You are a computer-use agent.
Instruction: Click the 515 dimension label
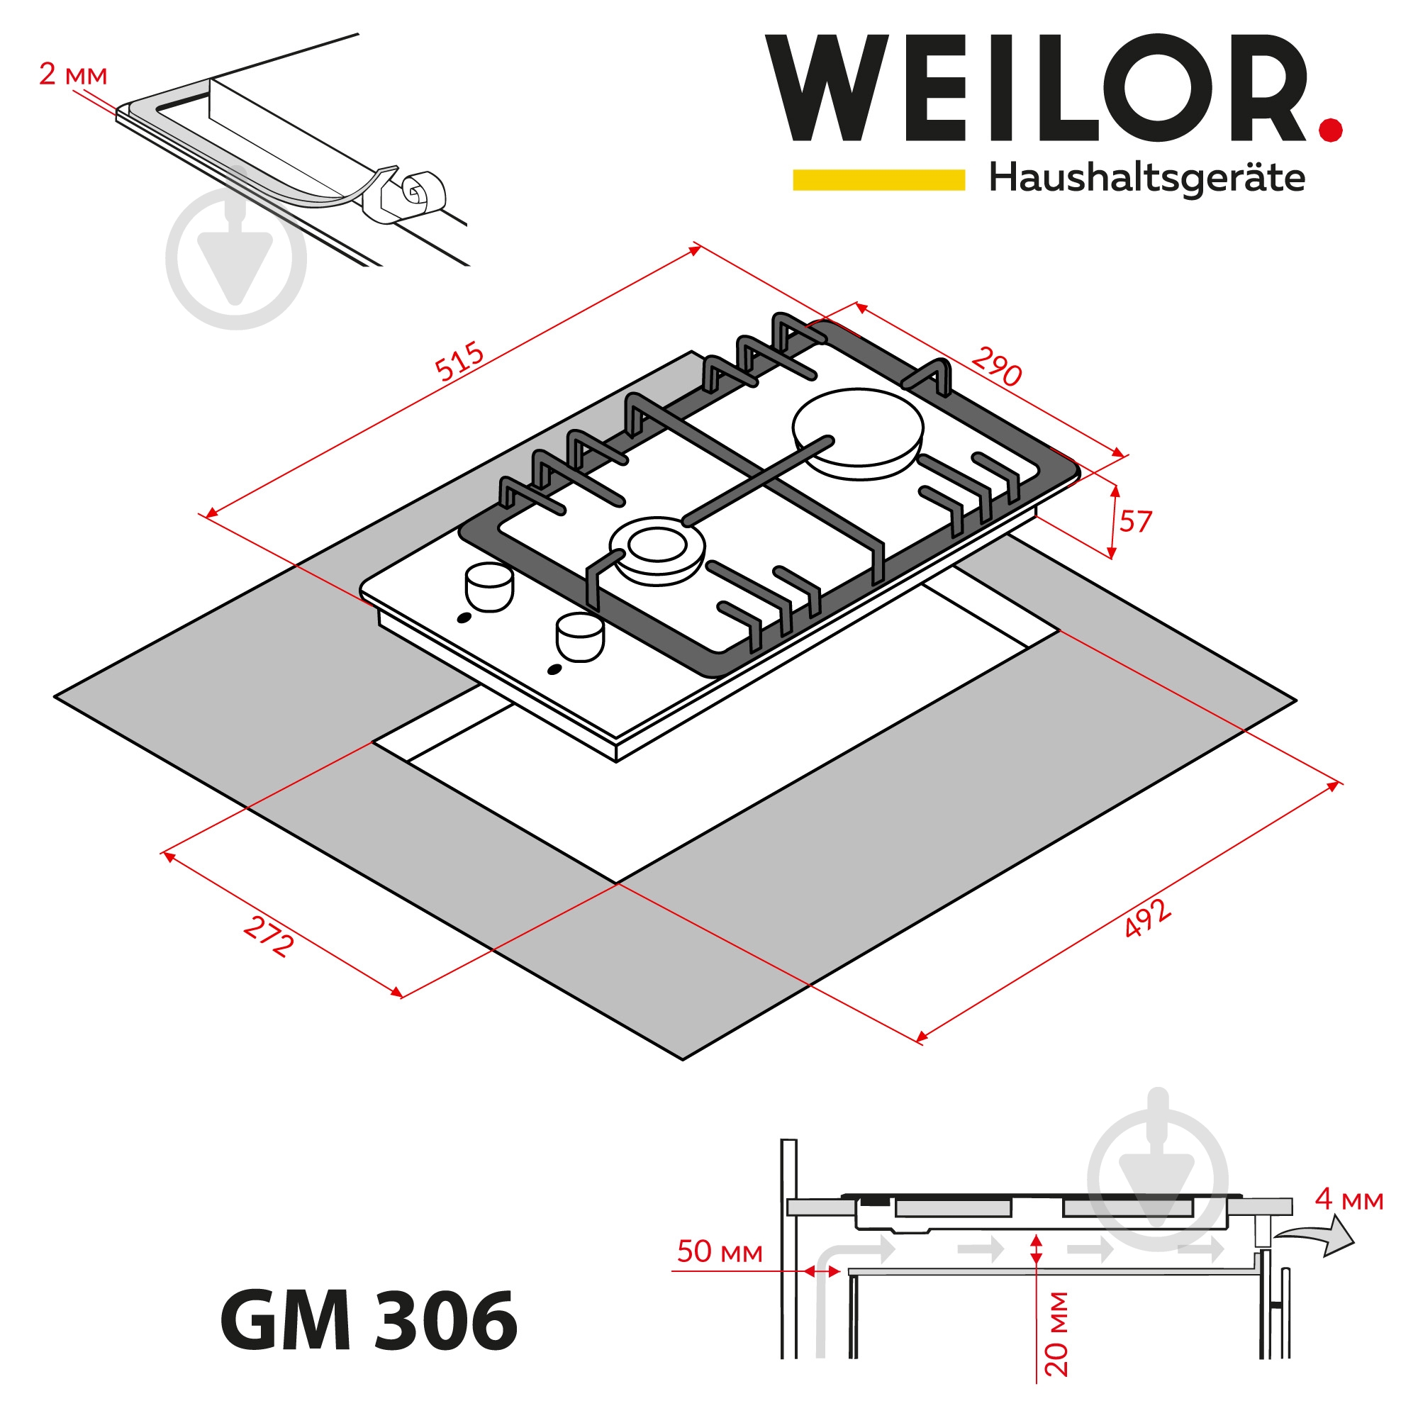click(x=459, y=361)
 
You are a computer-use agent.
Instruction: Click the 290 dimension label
click(x=997, y=367)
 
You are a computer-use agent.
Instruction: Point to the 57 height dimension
click(x=1135, y=522)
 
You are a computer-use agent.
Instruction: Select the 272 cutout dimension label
click(x=269, y=937)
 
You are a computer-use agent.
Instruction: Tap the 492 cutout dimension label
click(x=1147, y=919)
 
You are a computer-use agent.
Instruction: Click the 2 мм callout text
click(x=72, y=75)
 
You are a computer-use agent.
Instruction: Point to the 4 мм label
click(x=1349, y=1200)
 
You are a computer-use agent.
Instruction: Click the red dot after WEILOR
click(x=1330, y=130)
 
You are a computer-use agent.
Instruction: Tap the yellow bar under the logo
click(x=878, y=180)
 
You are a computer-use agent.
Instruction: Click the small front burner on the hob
click(x=657, y=549)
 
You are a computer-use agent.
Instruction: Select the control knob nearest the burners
click(x=489, y=587)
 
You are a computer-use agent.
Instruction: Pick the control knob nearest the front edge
click(x=580, y=637)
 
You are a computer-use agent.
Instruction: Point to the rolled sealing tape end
click(x=423, y=192)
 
